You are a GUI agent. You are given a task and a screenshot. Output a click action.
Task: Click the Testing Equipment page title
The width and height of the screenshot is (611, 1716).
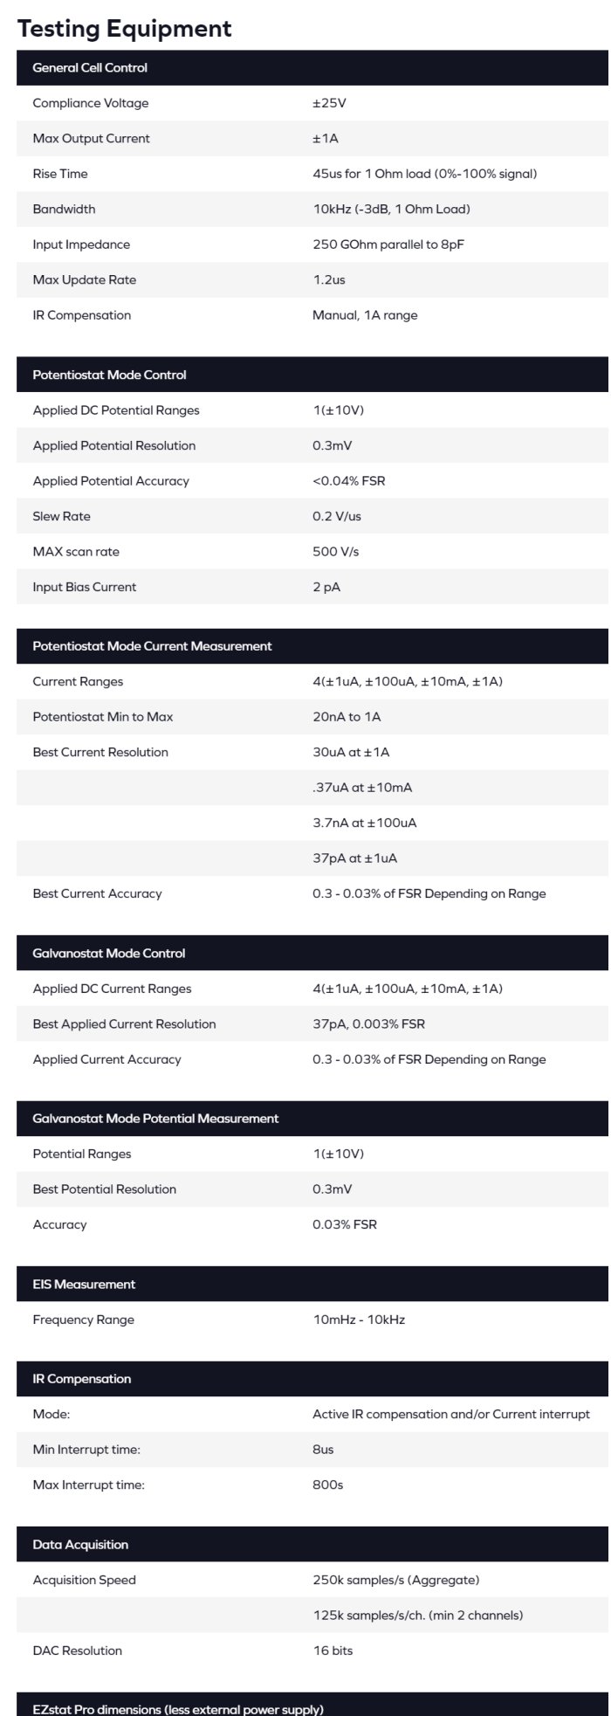click(x=124, y=29)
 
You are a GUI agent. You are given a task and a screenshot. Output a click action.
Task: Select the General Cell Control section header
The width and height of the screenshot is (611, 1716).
click(x=90, y=68)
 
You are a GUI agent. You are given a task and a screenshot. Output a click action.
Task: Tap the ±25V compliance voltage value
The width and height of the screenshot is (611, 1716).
click(x=329, y=103)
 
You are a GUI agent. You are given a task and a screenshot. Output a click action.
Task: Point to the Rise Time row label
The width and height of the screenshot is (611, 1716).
click(x=60, y=174)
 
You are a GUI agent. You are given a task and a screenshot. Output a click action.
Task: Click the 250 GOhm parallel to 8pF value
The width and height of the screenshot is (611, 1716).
click(x=388, y=245)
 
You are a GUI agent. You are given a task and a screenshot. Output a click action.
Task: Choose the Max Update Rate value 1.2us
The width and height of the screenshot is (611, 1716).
click(x=328, y=280)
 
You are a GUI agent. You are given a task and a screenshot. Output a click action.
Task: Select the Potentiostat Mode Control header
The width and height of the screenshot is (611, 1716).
click(x=109, y=376)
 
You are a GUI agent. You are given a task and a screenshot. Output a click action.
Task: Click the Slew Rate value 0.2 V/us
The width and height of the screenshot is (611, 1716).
click(x=336, y=516)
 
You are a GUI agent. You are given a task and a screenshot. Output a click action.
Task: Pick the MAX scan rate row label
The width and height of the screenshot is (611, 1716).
click(x=76, y=552)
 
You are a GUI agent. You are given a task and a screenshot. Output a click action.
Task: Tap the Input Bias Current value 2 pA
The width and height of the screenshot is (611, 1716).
click(x=326, y=587)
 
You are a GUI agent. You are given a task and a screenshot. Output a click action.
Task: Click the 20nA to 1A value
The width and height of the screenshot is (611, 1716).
click(x=347, y=717)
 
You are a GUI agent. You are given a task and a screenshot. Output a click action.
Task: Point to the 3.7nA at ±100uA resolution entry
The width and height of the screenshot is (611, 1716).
click(x=364, y=823)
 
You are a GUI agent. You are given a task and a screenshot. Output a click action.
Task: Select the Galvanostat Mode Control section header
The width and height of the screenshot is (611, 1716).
click(x=109, y=954)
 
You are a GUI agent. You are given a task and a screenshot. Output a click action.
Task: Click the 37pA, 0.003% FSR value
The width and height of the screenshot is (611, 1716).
click(x=368, y=1024)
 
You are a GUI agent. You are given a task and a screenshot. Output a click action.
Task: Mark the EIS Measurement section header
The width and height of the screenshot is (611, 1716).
click(x=84, y=1285)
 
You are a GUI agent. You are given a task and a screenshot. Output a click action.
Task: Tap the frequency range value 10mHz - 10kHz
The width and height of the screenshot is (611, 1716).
click(x=359, y=1320)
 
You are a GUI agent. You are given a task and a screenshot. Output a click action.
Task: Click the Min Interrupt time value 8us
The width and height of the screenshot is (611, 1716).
click(x=323, y=1450)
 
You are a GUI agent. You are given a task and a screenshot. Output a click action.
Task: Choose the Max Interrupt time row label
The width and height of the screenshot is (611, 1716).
click(x=88, y=1485)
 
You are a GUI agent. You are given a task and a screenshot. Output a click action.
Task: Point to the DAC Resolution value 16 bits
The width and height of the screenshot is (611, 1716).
click(x=333, y=1651)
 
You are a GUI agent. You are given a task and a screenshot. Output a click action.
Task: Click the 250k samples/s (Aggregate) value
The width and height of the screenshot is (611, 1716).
click(x=395, y=1580)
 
